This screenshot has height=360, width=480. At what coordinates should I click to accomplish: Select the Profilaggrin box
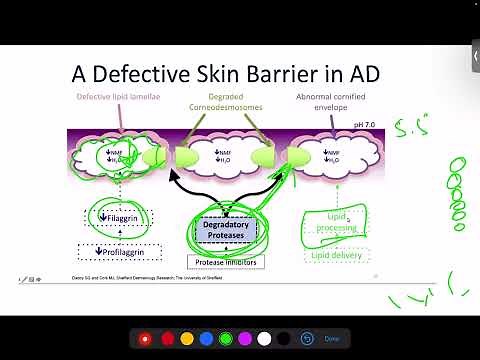(120, 251)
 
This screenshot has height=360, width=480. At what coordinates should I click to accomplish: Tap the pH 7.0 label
(364, 125)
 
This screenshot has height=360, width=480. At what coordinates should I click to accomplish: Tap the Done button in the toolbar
(332, 339)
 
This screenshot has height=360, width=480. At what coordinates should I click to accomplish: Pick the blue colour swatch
(205, 339)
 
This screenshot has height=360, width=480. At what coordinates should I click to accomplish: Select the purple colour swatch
(245, 339)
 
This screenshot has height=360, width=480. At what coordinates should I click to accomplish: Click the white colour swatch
(264, 339)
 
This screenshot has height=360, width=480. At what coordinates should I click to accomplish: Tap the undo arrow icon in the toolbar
(307, 339)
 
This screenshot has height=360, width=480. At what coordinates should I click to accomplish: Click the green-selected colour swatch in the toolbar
(225, 339)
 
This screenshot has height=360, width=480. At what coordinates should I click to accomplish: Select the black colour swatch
(284, 339)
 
